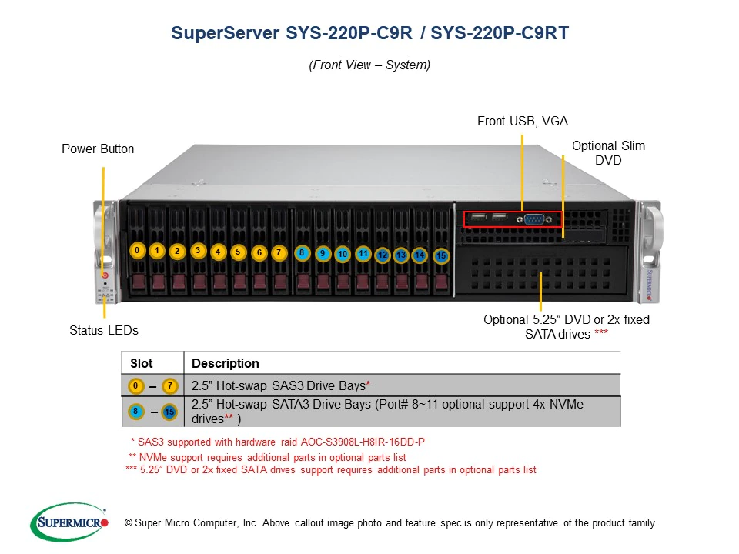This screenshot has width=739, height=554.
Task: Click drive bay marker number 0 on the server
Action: pos(137,250)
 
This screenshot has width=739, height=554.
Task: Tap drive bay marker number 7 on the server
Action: pos(279,252)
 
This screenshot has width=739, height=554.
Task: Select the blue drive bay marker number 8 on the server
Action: pos(302,252)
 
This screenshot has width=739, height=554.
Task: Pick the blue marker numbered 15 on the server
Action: pos(441,256)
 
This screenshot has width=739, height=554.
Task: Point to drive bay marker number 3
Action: pos(198,250)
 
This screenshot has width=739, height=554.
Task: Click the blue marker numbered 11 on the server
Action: pos(363,253)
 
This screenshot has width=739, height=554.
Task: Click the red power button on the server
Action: pos(105,275)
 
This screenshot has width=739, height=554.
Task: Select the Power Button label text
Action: pos(98,149)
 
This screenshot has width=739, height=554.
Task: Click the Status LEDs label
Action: pos(104,330)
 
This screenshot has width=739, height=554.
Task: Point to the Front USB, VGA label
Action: pos(523,121)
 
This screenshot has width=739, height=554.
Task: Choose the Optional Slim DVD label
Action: pos(608,152)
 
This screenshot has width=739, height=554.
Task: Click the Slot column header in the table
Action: pos(142,363)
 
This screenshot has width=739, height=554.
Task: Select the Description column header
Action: pos(225,363)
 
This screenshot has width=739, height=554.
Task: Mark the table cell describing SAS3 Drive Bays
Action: pos(282,385)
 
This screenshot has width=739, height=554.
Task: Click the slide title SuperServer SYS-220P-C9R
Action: pos(369,34)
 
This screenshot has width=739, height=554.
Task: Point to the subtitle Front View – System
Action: pos(369,65)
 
